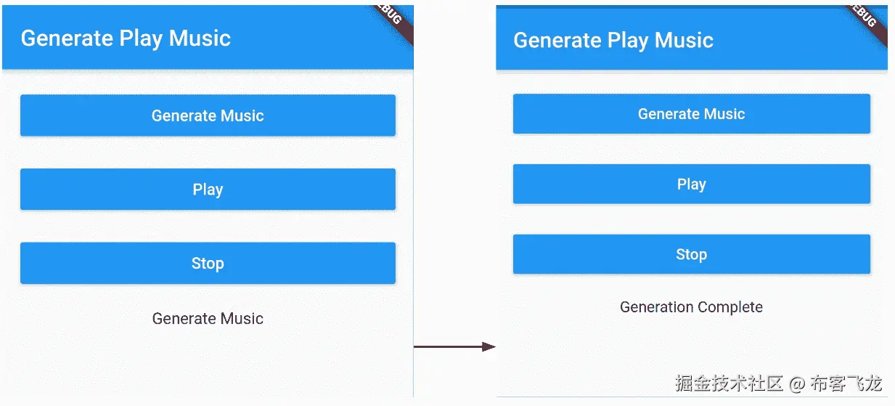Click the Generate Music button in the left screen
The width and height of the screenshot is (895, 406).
pyautogui.click(x=208, y=115)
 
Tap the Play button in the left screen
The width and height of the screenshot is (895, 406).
pyautogui.click(x=208, y=189)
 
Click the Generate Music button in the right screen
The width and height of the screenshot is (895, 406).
pyautogui.click(x=692, y=114)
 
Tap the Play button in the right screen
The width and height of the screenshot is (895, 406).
pyautogui.click(x=692, y=184)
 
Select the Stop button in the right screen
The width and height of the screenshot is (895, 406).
pyautogui.click(x=692, y=254)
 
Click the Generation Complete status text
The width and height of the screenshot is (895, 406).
pyautogui.click(x=691, y=307)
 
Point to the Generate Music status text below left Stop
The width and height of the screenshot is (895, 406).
pyautogui.click(x=208, y=319)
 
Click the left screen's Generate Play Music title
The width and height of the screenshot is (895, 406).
pyautogui.click(x=126, y=38)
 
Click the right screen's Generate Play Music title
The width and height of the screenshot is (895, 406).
pyautogui.click(x=613, y=41)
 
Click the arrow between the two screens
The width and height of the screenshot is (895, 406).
pyautogui.click(x=454, y=347)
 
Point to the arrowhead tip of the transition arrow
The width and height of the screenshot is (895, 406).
pyautogui.click(x=496, y=347)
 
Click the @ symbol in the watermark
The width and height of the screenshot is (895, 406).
pyautogui.click(x=797, y=384)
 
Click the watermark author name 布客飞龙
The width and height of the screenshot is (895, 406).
pyautogui.click(x=846, y=383)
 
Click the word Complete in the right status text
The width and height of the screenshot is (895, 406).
pyautogui.click(x=730, y=307)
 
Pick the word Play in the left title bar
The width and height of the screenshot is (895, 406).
pyautogui.click(x=141, y=39)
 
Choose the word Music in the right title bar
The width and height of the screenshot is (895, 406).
pyautogui.click(x=684, y=41)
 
